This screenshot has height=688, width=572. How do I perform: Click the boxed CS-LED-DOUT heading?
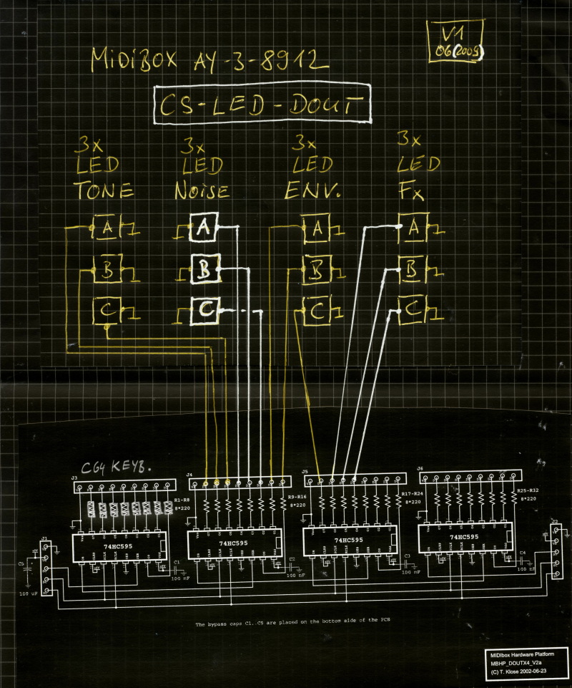point(264,106)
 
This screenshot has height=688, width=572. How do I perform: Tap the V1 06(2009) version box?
point(455,43)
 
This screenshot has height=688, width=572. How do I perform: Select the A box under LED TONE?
point(108,228)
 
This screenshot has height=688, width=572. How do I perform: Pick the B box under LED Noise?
point(204,270)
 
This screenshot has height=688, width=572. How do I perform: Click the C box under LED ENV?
point(315,311)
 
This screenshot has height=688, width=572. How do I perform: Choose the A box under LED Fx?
point(413,228)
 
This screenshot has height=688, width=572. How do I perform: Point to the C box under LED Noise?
point(204,310)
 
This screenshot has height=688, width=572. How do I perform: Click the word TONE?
point(104,191)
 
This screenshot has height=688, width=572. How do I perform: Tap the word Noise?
point(202,191)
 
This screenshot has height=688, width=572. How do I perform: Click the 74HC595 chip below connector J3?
point(118,546)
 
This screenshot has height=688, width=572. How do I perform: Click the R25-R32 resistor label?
point(529,491)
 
